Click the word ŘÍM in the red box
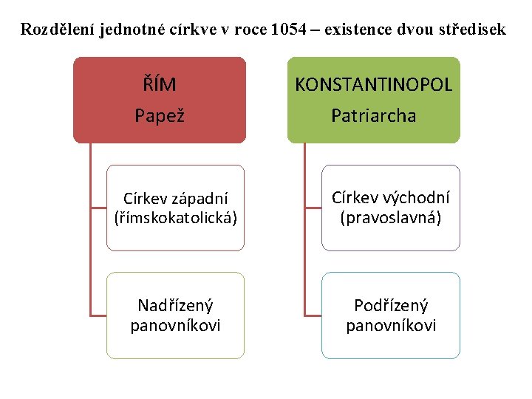pos(160,85)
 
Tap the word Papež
pos(159,116)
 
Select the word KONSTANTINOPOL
pos(373,85)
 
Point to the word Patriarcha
pos(373,116)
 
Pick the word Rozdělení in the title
pos(57,30)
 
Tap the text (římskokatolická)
pos(176,219)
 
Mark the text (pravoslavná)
pos(390,218)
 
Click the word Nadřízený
pos(175,306)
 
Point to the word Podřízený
pos(391,306)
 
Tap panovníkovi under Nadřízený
pos(175,326)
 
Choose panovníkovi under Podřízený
pos(391,326)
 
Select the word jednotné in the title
pos(129,30)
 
